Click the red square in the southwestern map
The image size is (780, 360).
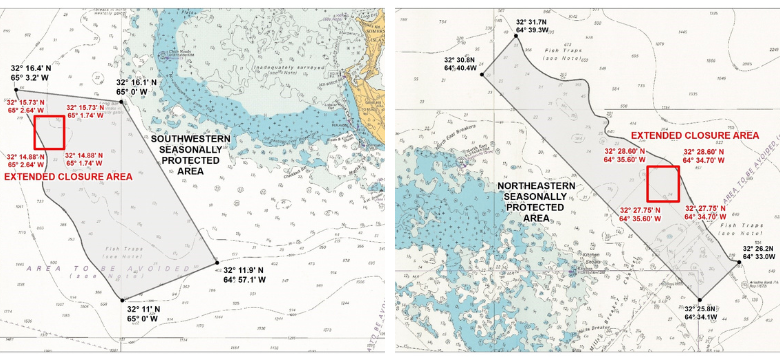49,131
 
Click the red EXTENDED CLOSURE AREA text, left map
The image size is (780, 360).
67,177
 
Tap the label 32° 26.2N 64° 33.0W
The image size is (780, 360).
757,251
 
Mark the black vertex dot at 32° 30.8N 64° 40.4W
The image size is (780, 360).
483,74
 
